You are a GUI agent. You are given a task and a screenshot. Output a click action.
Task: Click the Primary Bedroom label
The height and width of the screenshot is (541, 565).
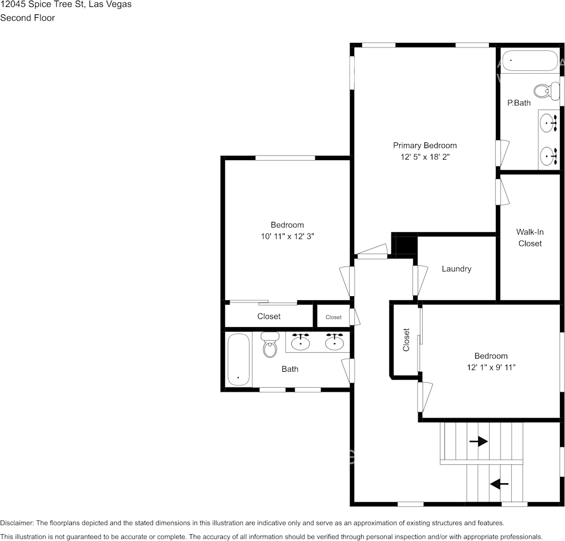(x=424, y=145)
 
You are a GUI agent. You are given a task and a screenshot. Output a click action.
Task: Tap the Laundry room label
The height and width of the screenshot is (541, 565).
(x=456, y=269)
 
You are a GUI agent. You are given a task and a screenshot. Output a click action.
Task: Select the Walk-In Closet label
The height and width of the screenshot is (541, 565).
(x=530, y=237)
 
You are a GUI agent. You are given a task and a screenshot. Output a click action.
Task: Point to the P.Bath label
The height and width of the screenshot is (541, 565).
(x=519, y=104)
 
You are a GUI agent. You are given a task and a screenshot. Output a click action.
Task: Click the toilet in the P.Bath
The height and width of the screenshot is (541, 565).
(x=546, y=90)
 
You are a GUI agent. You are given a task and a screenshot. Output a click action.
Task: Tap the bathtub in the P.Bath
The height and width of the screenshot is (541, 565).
(x=529, y=61)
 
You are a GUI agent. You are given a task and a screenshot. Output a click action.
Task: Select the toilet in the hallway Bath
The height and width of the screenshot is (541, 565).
(x=270, y=344)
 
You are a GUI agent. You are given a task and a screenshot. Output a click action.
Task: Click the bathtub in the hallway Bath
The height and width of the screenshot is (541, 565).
(x=238, y=360)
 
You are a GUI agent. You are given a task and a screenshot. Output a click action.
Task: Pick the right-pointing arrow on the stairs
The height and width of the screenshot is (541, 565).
(x=478, y=441)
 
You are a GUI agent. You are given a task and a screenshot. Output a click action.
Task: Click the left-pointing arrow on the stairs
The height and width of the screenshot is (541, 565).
(x=499, y=484)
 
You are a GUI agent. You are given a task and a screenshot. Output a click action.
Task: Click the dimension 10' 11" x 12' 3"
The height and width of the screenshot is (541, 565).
(x=287, y=236)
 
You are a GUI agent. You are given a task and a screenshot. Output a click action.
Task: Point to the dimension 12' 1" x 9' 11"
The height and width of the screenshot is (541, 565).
(x=491, y=367)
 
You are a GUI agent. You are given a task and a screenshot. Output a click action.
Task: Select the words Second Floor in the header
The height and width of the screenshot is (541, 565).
(x=27, y=18)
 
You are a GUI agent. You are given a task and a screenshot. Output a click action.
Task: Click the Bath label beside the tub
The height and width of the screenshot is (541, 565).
(x=290, y=369)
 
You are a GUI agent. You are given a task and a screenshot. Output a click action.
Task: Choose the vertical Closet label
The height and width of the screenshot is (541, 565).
(x=406, y=340)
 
